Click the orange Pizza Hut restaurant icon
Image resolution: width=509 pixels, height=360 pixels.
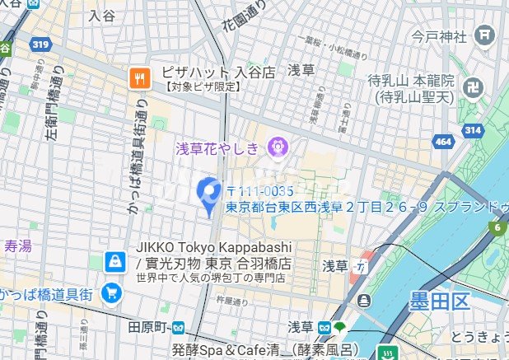tap(138, 78)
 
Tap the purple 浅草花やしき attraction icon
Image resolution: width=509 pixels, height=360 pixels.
tap(276, 148)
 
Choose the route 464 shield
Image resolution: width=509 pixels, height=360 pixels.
tap(443, 143)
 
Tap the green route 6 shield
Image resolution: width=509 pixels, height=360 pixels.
tap(498, 227)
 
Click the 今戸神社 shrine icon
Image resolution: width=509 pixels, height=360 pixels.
tap(484, 35)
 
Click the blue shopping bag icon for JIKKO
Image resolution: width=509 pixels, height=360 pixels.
tap(114, 262)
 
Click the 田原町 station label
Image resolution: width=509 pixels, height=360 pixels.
tap(148, 326)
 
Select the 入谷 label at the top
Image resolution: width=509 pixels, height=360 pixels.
tap(102, 15)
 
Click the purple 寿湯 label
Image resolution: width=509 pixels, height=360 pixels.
tap(17, 245)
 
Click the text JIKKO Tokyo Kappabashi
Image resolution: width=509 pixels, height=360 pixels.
tap(212, 249)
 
